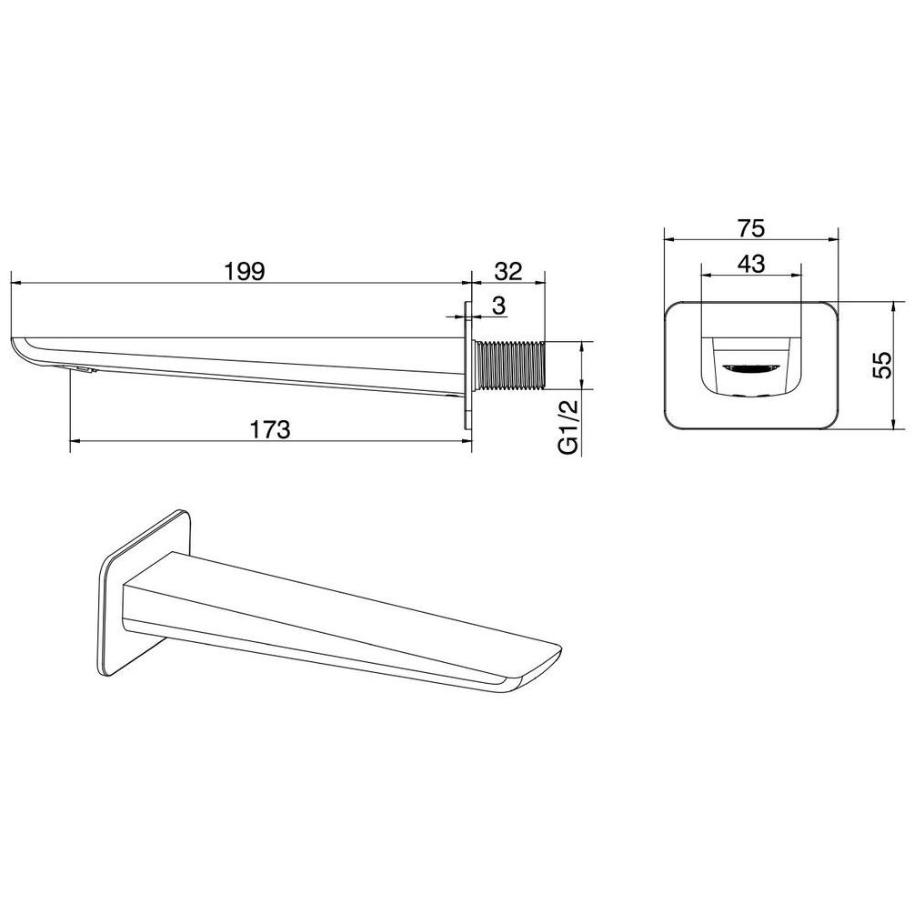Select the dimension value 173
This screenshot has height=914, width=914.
click(x=269, y=429)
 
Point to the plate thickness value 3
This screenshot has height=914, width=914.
click(x=498, y=306)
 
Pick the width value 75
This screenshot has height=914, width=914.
click(x=751, y=227)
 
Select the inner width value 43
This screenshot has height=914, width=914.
click(x=750, y=264)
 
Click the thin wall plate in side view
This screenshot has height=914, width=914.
click(x=468, y=366)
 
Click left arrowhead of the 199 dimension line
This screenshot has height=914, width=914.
click(x=13, y=283)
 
